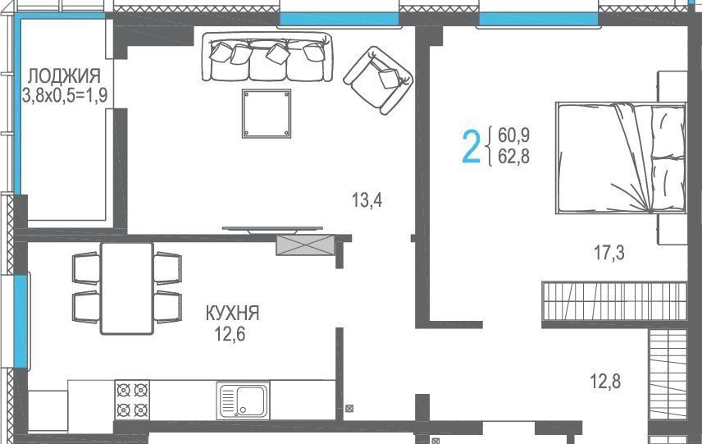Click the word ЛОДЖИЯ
[x=65, y=76]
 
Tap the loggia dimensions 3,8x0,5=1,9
[x=65, y=95]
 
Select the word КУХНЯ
[x=232, y=314]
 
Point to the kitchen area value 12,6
[x=230, y=334]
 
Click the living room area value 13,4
[x=367, y=200]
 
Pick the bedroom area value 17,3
[x=609, y=253]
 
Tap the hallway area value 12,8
[x=605, y=382]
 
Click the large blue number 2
[x=471, y=146]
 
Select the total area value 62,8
[x=513, y=157]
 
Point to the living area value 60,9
[x=513, y=135]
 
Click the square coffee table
[x=267, y=113]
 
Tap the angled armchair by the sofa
[x=378, y=80]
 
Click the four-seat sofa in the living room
[x=267, y=57]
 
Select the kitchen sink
[x=243, y=401]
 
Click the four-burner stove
[x=132, y=401]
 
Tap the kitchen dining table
[x=127, y=289]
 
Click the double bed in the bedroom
[x=621, y=158]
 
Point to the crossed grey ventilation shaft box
[x=305, y=245]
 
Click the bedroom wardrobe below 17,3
[x=613, y=301]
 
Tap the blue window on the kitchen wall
[x=21, y=321]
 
